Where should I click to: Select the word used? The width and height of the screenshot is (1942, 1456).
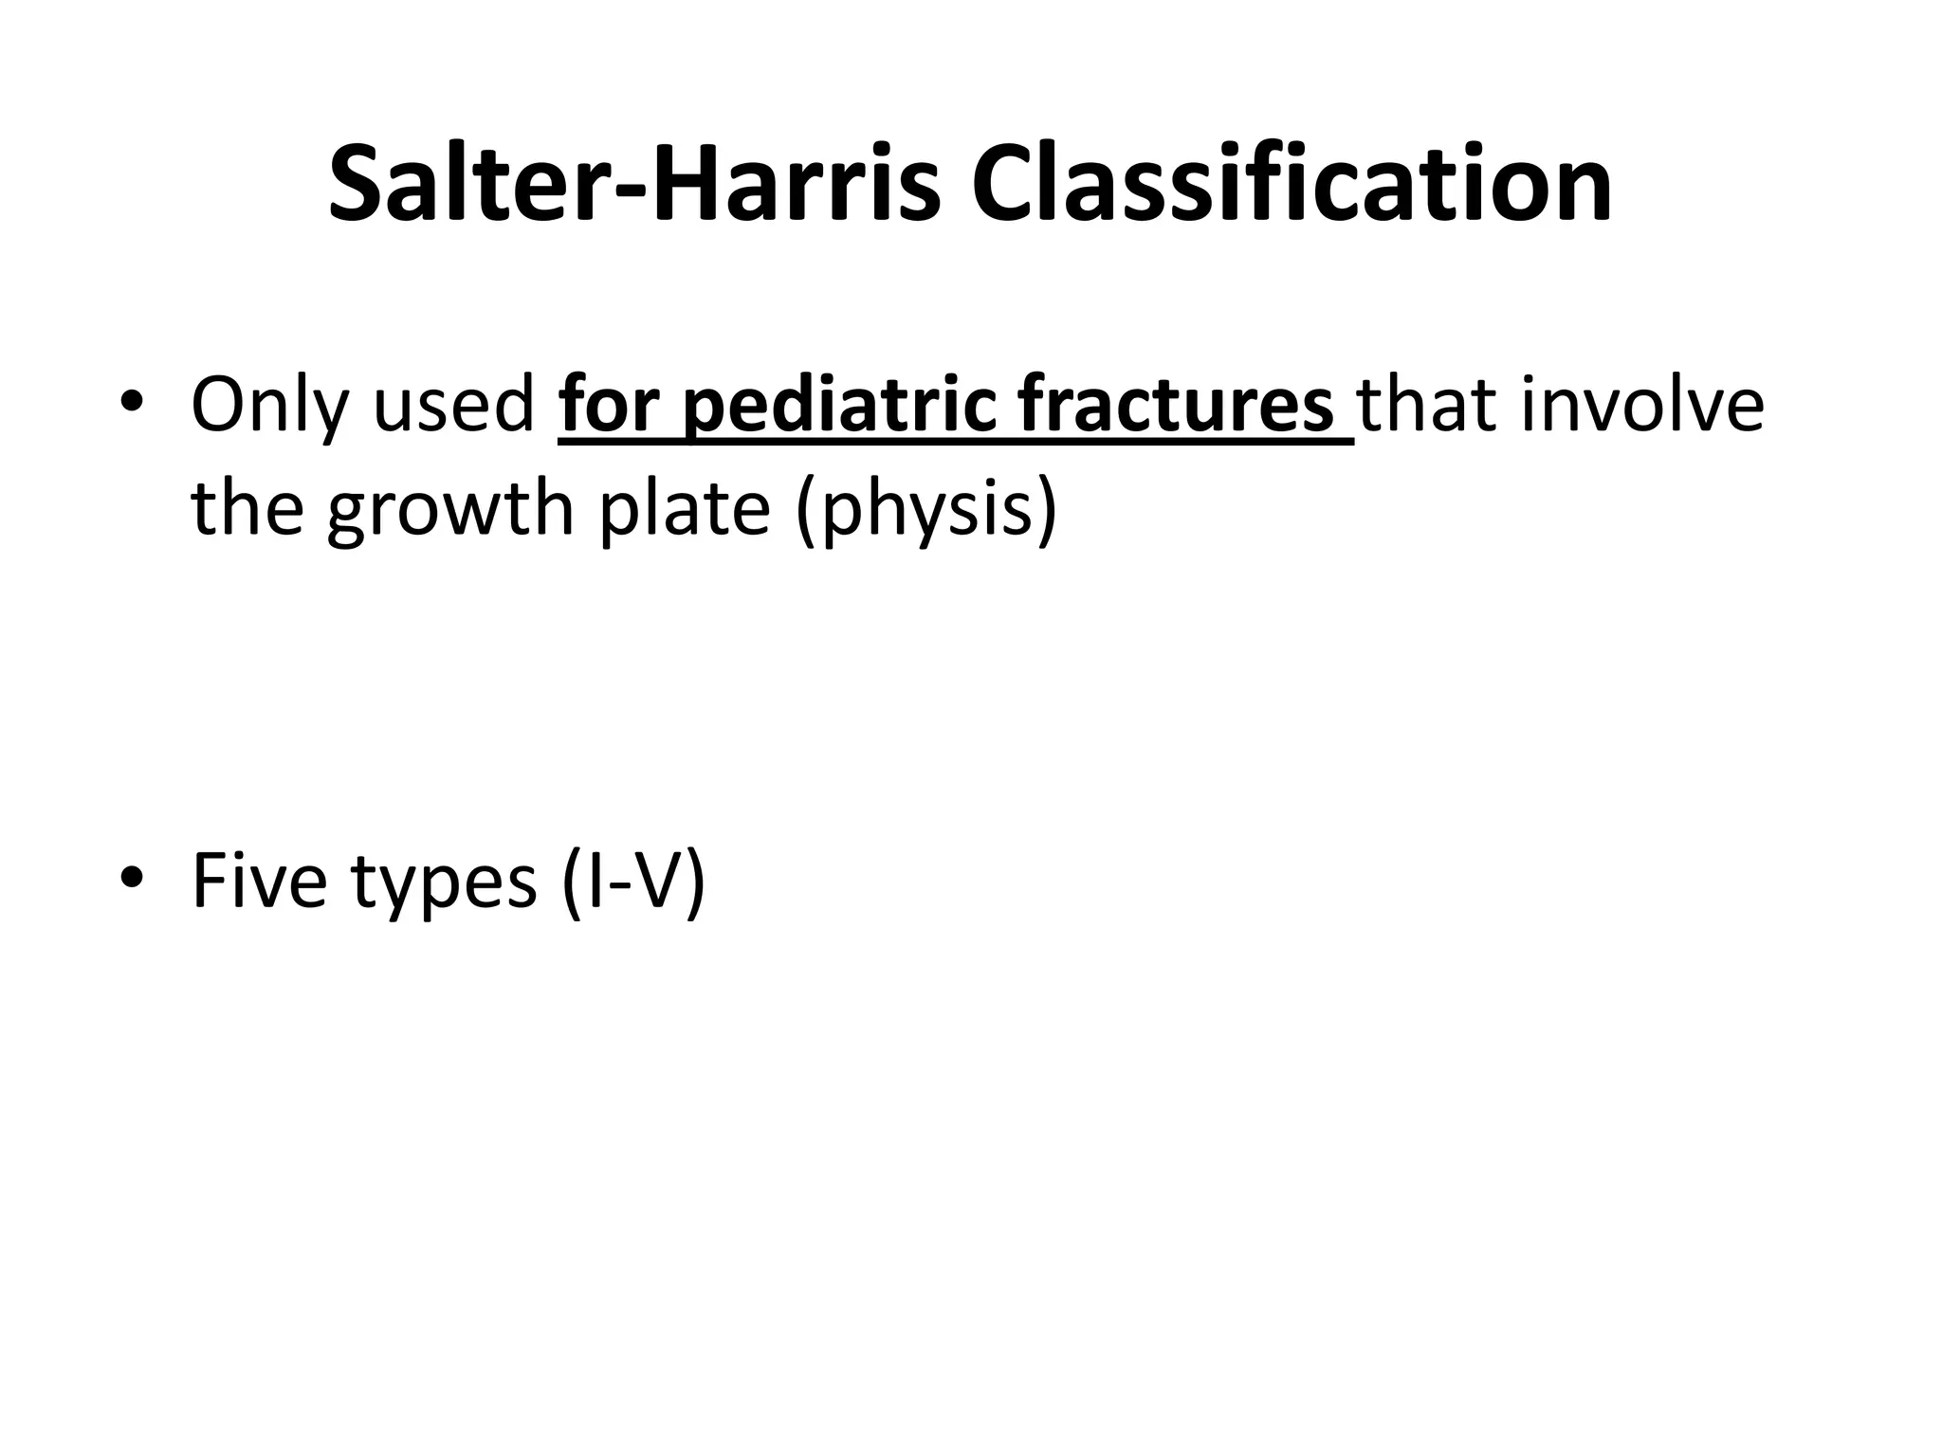(454, 406)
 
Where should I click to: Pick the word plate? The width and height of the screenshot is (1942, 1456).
(686, 510)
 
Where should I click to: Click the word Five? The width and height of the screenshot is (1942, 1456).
(259, 881)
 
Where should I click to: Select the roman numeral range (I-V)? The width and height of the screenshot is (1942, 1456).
(632, 883)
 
